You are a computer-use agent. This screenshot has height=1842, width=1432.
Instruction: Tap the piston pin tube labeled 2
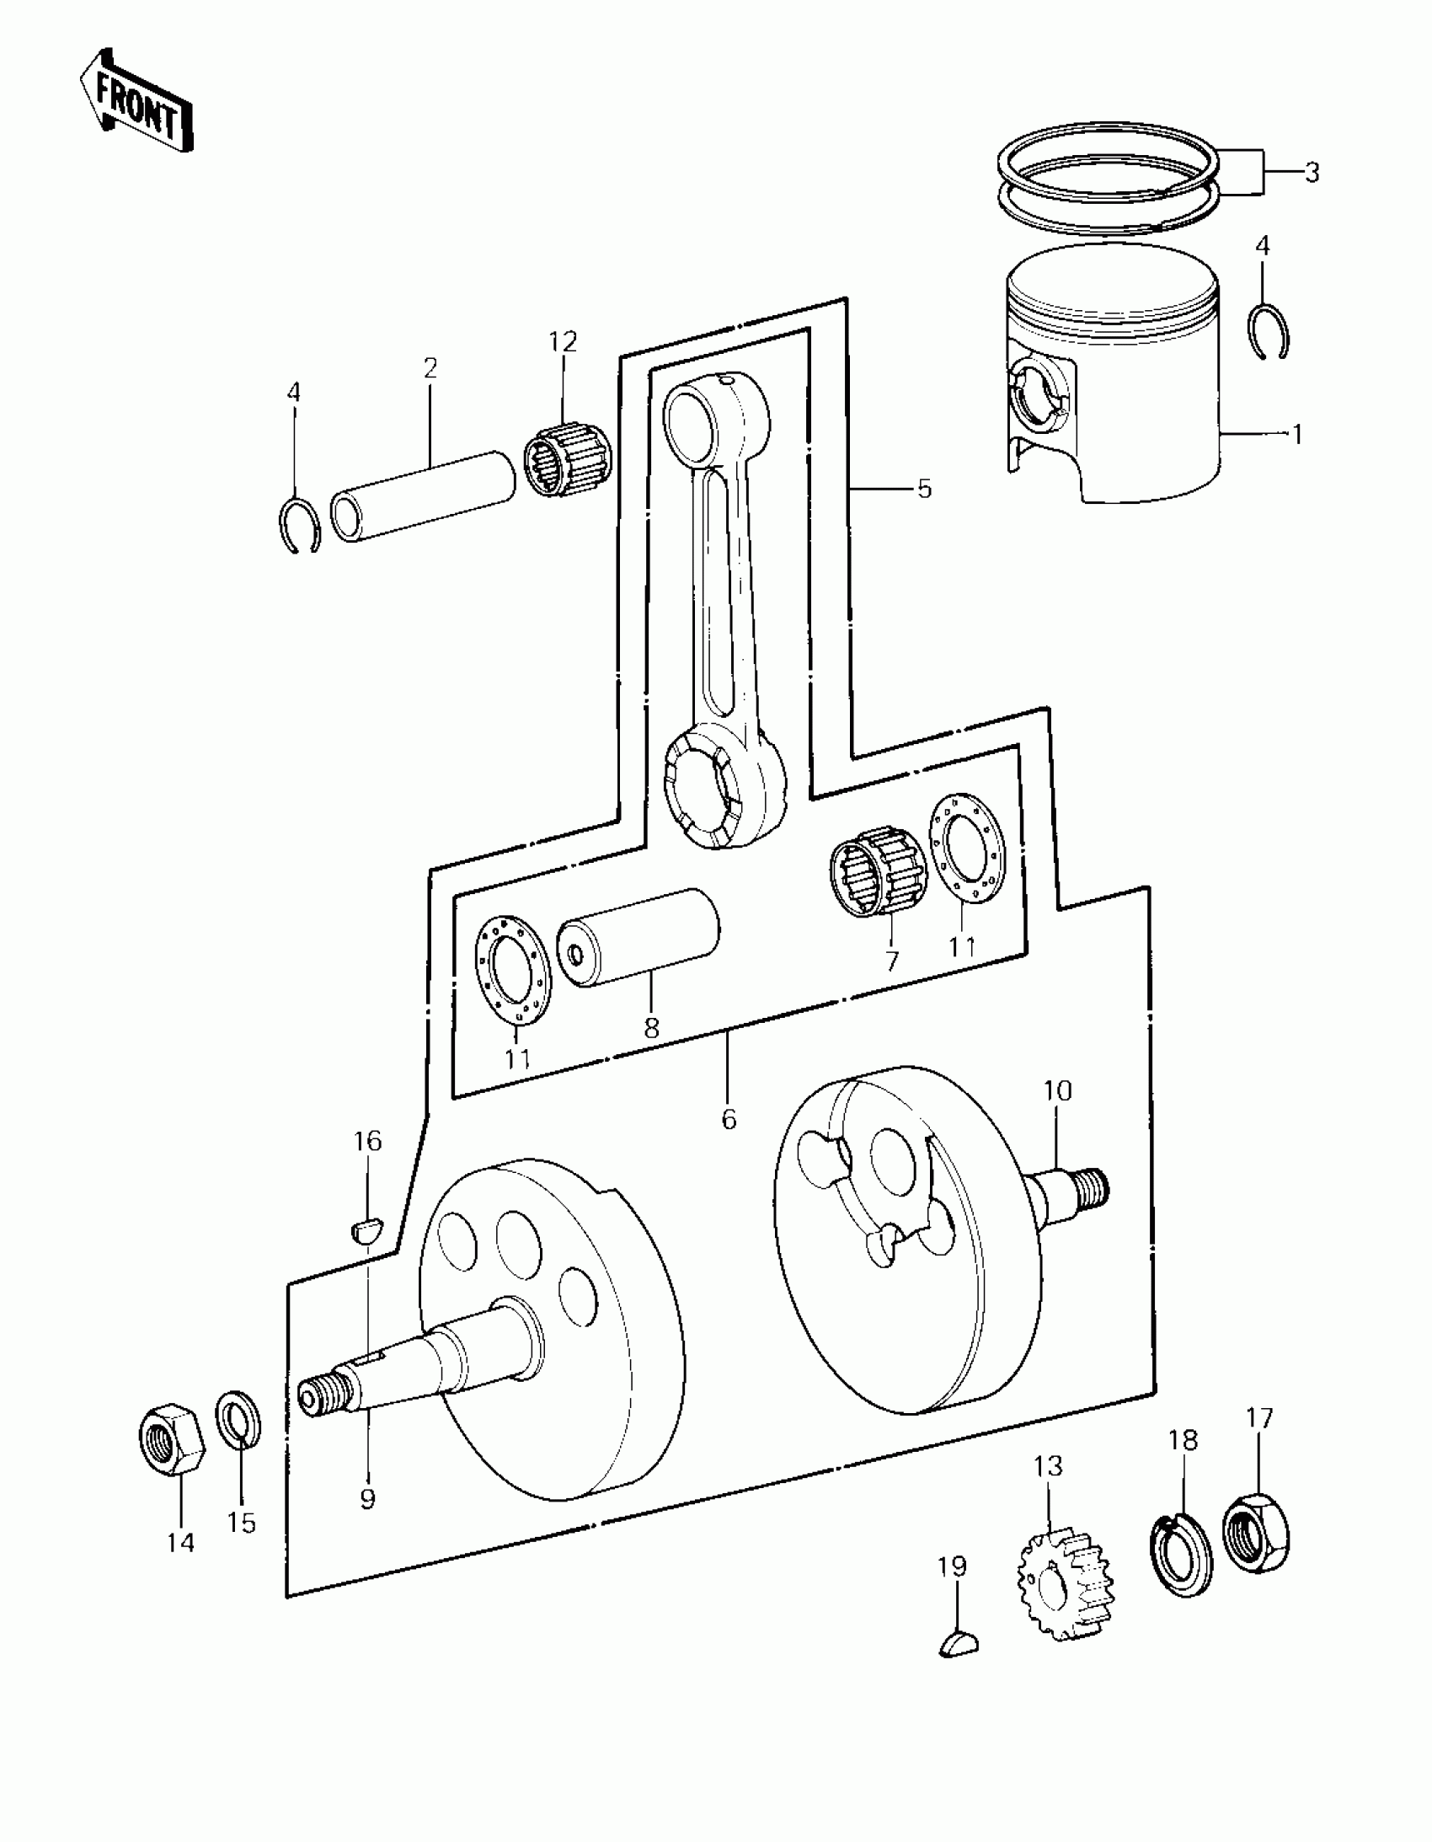tap(423, 496)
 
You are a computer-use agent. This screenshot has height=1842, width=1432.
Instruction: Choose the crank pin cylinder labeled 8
tap(639, 937)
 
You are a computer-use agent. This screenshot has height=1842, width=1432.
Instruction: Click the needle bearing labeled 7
tap(874, 870)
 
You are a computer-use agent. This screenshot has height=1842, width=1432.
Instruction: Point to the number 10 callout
tap(1057, 1091)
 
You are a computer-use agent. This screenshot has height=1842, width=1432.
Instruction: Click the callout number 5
tap(924, 490)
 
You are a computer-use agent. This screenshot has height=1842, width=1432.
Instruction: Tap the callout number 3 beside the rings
tap(1312, 173)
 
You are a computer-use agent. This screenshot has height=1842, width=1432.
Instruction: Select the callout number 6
tap(729, 1119)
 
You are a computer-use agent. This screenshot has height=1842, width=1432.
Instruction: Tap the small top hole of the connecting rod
tap(727, 383)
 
